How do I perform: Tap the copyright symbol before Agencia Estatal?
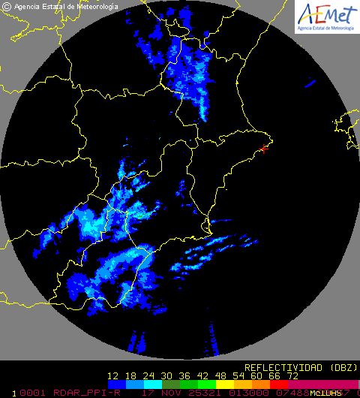click(x=6, y=6)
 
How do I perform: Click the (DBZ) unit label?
click(x=337, y=367)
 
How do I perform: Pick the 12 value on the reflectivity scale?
click(x=114, y=375)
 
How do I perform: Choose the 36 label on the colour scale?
click(x=184, y=375)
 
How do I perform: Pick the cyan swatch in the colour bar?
click(x=148, y=384)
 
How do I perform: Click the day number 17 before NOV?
click(x=146, y=392)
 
